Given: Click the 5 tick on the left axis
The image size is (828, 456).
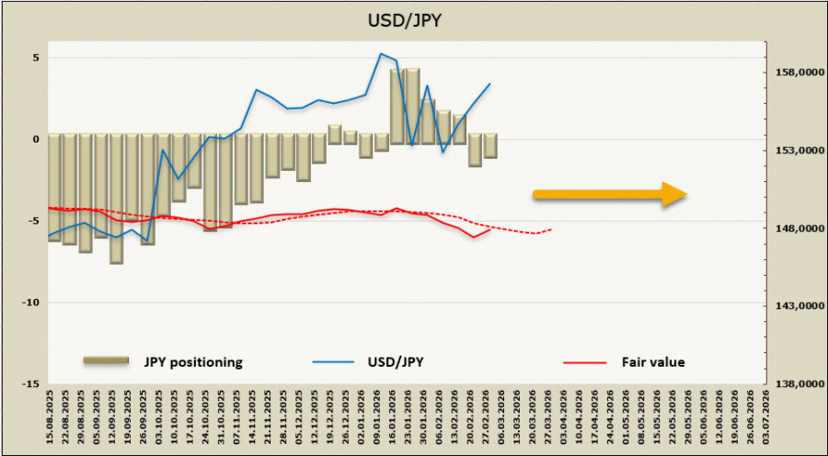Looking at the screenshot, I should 37,57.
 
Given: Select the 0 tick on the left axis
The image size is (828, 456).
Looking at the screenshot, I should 37,139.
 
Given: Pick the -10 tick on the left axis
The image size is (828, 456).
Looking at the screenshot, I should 33,302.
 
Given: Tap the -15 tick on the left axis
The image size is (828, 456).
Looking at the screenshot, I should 33,383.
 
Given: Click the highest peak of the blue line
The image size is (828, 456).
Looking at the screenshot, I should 381,53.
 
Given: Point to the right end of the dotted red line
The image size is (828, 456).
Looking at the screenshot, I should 551,229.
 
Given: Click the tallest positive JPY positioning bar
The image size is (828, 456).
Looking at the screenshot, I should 412,101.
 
